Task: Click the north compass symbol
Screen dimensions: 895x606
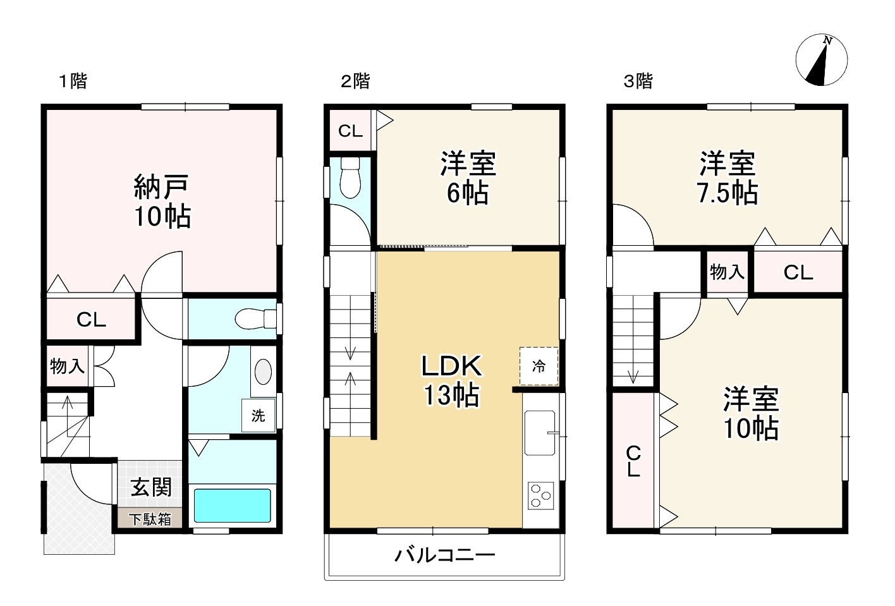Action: coord(821,60)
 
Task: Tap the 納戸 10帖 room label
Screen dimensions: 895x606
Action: coord(162,201)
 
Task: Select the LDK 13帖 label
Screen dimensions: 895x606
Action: coord(452,380)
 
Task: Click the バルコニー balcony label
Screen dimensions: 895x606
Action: coord(445,555)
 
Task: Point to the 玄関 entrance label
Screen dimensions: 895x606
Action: coord(151,487)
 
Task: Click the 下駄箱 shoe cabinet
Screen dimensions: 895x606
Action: coord(150,519)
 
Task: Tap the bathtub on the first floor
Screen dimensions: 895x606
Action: coord(232,506)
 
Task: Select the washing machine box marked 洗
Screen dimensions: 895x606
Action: coord(258,415)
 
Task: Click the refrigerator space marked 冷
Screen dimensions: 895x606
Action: coord(539,366)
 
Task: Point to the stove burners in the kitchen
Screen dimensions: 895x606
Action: coord(540,495)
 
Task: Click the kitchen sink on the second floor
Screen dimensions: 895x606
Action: coord(540,433)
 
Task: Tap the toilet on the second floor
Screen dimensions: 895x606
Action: coord(350,178)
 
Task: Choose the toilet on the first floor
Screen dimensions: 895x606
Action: coord(255,318)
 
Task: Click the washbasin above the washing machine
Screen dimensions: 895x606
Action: coord(263,372)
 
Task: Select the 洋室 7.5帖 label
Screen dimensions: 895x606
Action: coord(727,178)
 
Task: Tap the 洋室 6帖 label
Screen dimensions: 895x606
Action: coord(468,178)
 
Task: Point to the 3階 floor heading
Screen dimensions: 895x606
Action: coord(638,81)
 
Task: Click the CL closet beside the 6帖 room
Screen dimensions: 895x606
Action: coord(350,131)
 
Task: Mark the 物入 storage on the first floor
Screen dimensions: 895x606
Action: coord(67,366)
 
